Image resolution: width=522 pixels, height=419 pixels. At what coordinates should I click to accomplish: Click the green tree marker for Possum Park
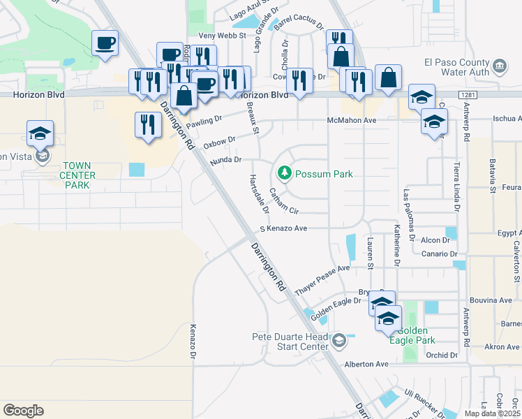pos(285,172)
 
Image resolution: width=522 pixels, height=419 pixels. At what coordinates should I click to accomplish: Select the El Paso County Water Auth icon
pos(499,66)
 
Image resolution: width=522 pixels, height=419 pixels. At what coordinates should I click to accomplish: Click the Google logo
pos(23,410)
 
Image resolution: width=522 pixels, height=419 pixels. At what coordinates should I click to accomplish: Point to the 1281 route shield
pos(468,94)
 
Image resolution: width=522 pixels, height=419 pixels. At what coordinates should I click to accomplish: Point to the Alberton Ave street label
pos(366,365)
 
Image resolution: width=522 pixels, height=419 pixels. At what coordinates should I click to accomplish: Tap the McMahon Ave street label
pos(352,120)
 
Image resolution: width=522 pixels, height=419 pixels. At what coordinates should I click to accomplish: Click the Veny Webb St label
pos(223,35)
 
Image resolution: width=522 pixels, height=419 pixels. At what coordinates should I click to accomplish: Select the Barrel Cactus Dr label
pos(299,22)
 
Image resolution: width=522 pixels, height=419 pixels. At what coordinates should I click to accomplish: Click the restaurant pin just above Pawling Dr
pos(147,126)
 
